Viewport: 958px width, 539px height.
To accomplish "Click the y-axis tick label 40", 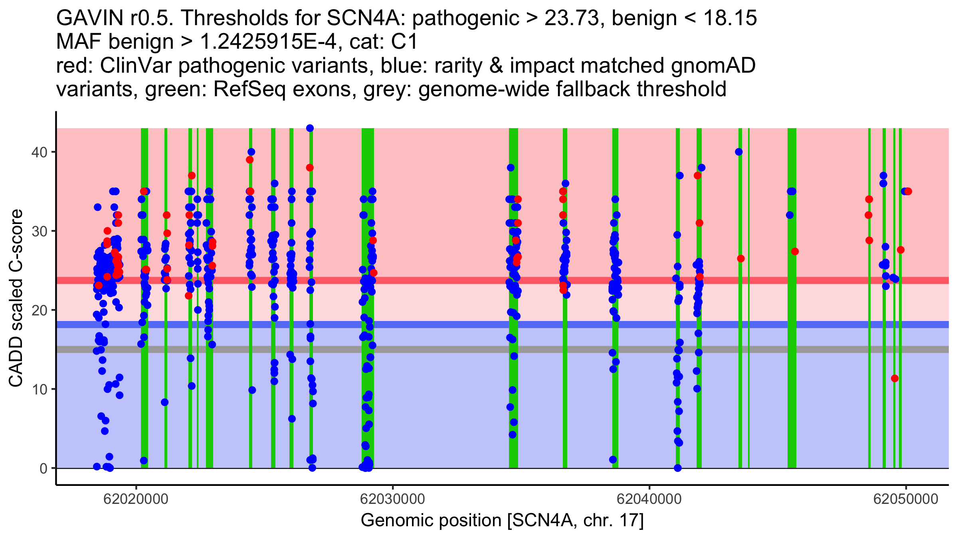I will (x=39, y=152).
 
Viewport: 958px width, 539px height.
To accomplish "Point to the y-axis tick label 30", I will (x=39, y=231).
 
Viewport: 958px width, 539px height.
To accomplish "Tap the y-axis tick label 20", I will (x=39, y=310).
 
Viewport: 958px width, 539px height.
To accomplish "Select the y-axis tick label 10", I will (x=39, y=389).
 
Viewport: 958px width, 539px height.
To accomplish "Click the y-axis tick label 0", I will (x=43, y=468).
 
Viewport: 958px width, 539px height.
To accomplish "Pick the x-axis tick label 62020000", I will (x=136, y=499).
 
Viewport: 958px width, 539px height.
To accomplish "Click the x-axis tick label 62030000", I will (x=392, y=499).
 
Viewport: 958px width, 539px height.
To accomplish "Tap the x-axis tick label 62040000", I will (x=649, y=499).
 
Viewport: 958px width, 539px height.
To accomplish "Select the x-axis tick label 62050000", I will (x=906, y=499).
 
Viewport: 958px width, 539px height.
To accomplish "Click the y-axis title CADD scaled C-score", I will (x=16, y=299).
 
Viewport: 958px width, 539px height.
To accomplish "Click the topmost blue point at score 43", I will (x=310, y=128).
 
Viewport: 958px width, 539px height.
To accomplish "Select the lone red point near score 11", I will (x=895, y=378).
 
